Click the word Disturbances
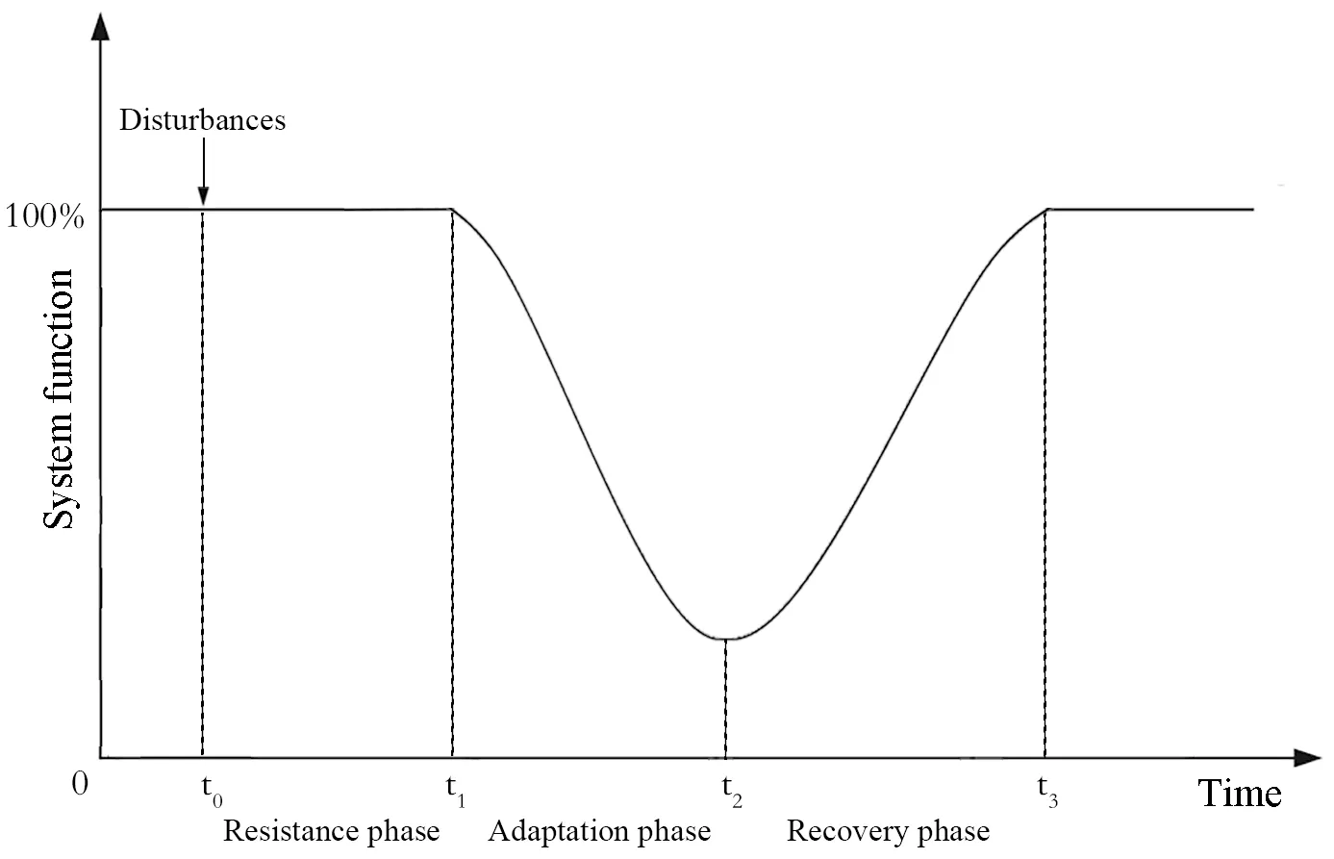click(x=202, y=120)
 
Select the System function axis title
click(x=59, y=399)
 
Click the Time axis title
click(x=1239, y=794)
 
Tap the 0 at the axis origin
click(x=80, y=784)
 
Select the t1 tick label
click(x=456, y=791)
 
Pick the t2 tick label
click(x=732, y=791)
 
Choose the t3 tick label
click(x=1047, y=791)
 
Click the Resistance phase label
click(x=331, y=831)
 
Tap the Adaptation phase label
click(x=599, y=831)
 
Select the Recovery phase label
click(x=888, y=831)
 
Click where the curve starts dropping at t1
click(x=452, y=209)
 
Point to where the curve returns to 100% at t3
click(x=1045, y=209)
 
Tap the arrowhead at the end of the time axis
click(x=1308, y=758)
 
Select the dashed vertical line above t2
click(x=726, y=697)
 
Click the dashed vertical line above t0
click(x=202, y=481)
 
